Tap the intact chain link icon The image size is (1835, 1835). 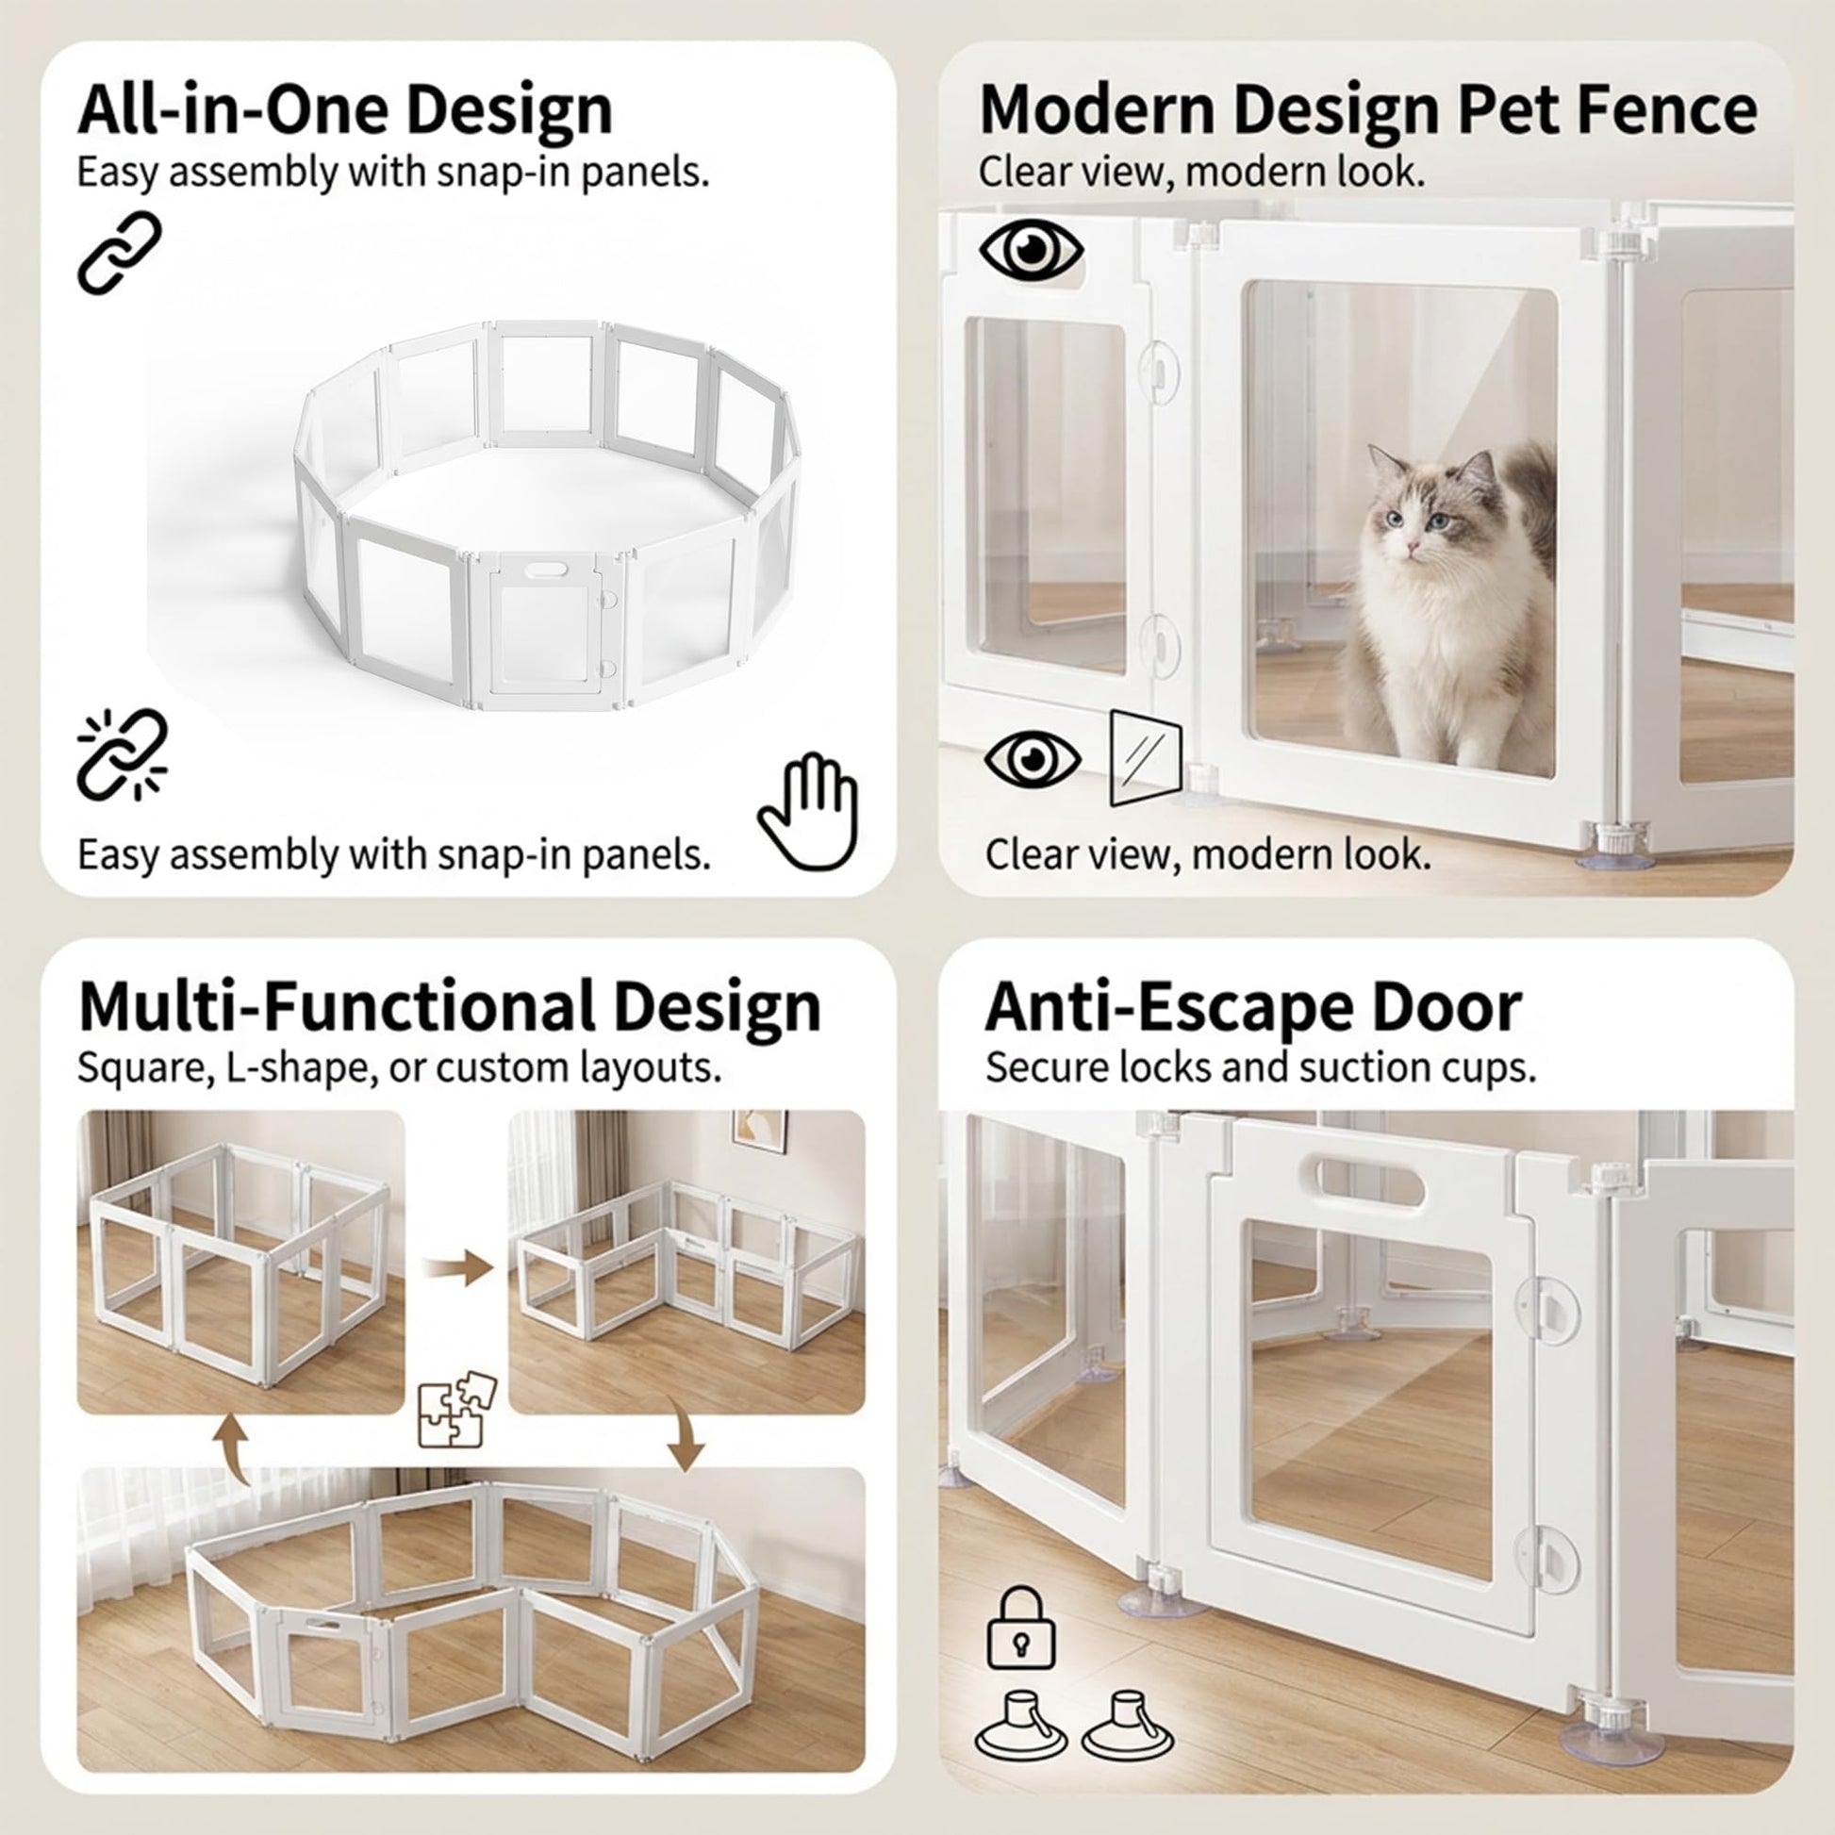120,253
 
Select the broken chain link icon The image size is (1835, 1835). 123,755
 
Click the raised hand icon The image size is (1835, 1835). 808,811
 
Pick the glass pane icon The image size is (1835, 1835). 1146,757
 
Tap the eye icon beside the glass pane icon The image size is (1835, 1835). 1033,758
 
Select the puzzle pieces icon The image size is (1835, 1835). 457,1409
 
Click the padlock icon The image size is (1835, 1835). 1021,1627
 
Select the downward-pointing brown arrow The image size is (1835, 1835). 684,1434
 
